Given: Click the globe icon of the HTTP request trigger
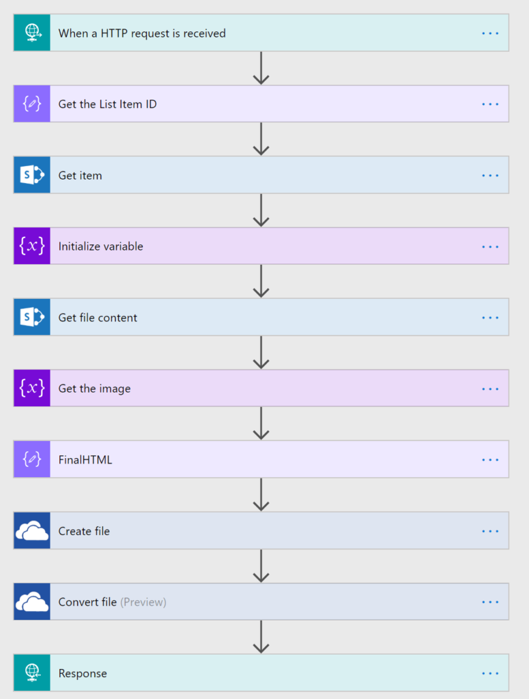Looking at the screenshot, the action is (32, 33).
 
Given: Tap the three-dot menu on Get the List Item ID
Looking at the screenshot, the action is (490, 104).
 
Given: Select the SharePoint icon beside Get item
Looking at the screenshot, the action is (32, 175).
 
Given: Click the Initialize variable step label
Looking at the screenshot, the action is (101, 246).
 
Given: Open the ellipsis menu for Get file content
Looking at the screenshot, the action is (490, 318).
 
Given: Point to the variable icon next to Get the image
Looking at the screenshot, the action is (32, 388).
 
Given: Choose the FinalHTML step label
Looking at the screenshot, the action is (85, 459).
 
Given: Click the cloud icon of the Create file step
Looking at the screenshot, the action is (32, 530).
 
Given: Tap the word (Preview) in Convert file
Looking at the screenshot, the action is (143, 602).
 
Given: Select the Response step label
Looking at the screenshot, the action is (83, 674).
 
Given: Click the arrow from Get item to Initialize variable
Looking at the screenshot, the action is (261, 210).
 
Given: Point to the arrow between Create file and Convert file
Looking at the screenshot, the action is (261, 566).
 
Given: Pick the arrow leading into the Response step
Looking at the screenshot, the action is (261, 637).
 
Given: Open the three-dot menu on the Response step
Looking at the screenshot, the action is (490, 674).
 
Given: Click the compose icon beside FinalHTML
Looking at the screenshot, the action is (32, 459).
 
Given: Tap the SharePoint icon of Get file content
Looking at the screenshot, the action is (32, 317).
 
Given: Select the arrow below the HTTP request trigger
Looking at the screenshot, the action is (261, 68).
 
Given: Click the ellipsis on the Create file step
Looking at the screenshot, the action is (490, 531).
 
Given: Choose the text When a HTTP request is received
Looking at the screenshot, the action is (142, 33).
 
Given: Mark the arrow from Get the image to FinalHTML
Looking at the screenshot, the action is (261, 423).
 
